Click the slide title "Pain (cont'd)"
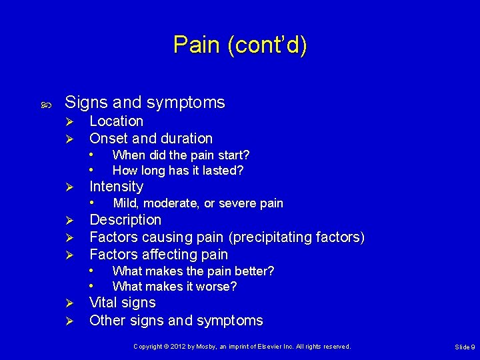click(240, 45)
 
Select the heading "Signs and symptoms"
click(145, 103)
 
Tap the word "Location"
click(116, 121)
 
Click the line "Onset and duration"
click(151, 139)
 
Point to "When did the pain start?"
click(181, 155)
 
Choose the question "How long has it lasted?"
click(178, 171)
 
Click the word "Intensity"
click(116, 187)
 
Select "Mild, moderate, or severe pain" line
click(198, 203)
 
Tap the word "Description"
click(125, 220)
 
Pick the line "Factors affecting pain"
click(159, 255)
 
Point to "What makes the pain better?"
click(193, 271)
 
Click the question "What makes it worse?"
click(175, 287)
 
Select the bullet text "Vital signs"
click(123, 303)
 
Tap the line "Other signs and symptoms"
click(176, 321)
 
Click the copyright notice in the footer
click(241, 347)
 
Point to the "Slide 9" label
click(464, 347)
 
